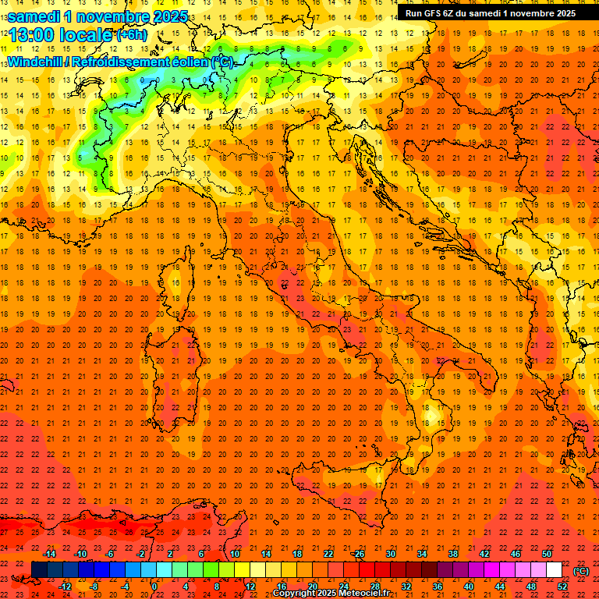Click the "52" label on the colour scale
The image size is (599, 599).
(x=562, y=587)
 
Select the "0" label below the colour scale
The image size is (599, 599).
(x=154, y=587)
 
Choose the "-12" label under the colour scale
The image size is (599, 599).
(x=66, y=587)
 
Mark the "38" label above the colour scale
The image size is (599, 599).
(x=453, y=554)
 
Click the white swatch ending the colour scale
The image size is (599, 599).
(x=554, y=570)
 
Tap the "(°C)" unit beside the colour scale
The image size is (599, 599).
(x=581, y=571)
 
